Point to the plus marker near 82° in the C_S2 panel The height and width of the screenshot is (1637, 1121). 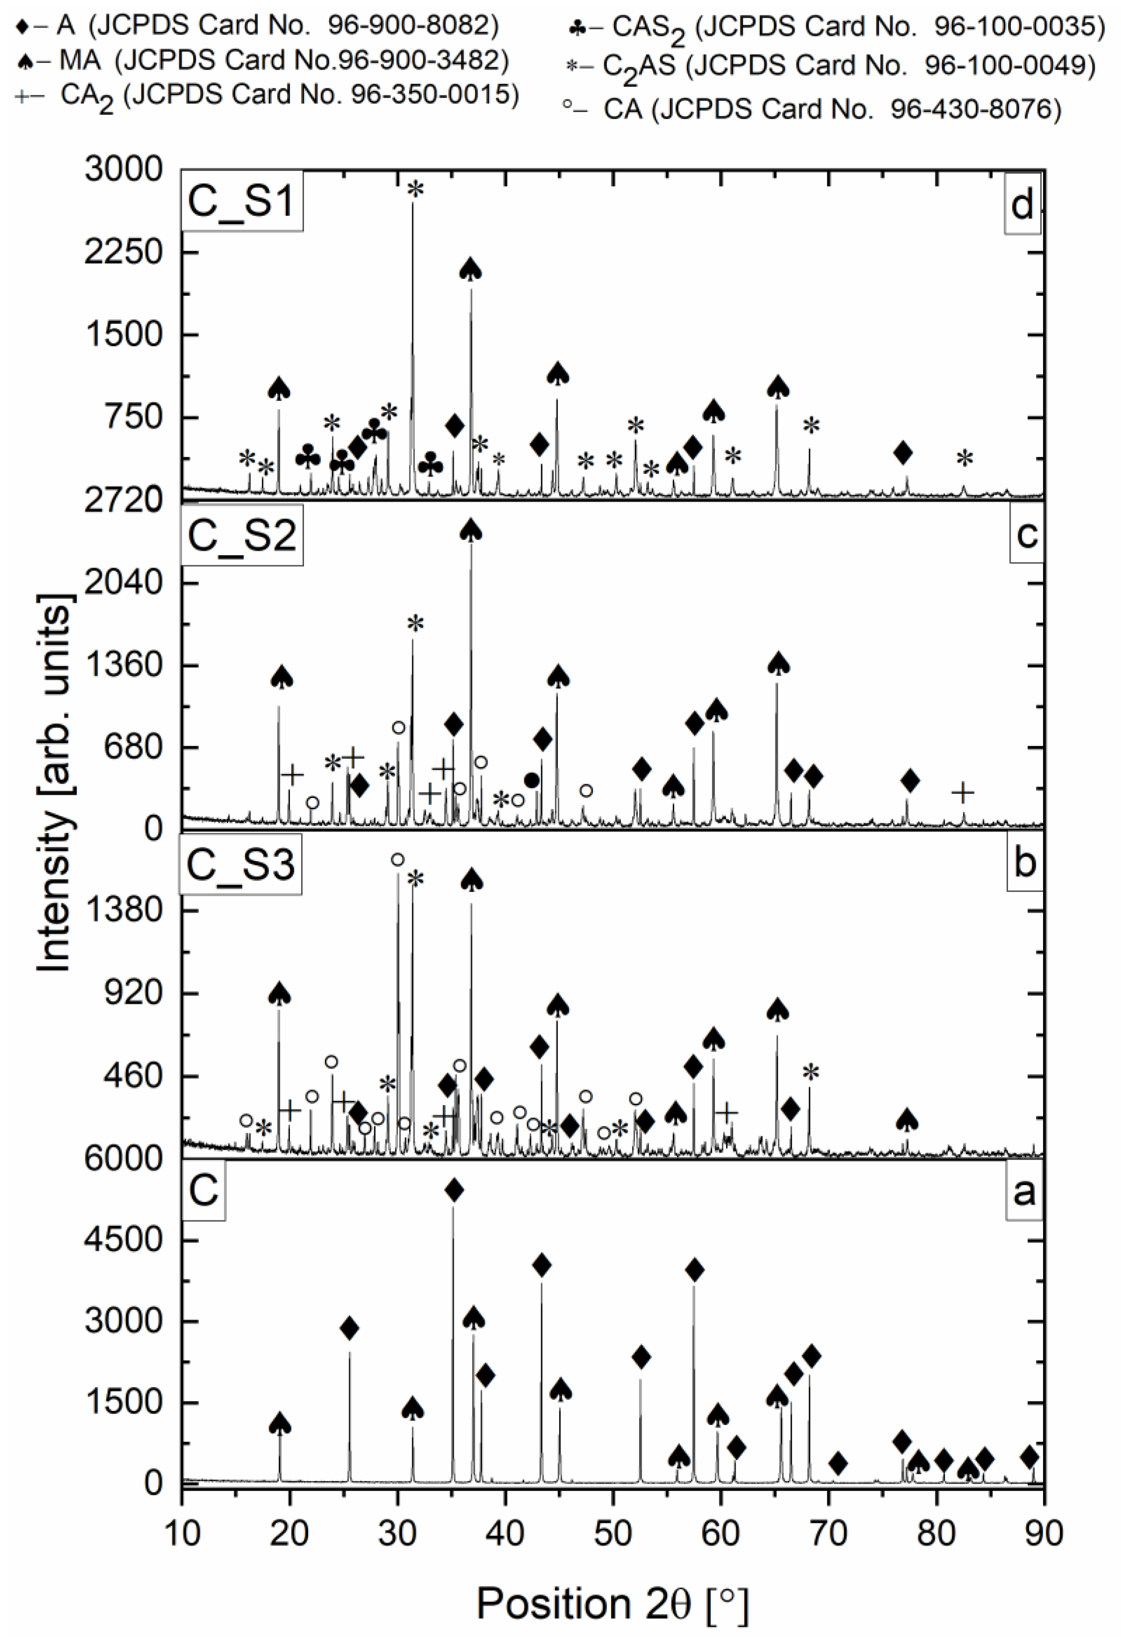click(x=963, y=792)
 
